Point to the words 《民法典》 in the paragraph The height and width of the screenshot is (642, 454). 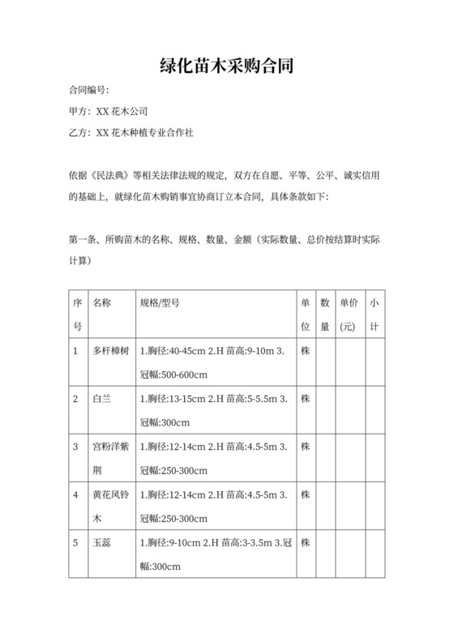[x=111, y=174]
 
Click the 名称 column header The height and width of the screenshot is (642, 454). [x=102, y=303]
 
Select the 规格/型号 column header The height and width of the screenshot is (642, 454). [x=160, y=303]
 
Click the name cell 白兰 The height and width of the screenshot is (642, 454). [x=102, y=399]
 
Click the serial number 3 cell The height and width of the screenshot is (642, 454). [x=75, y=447]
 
